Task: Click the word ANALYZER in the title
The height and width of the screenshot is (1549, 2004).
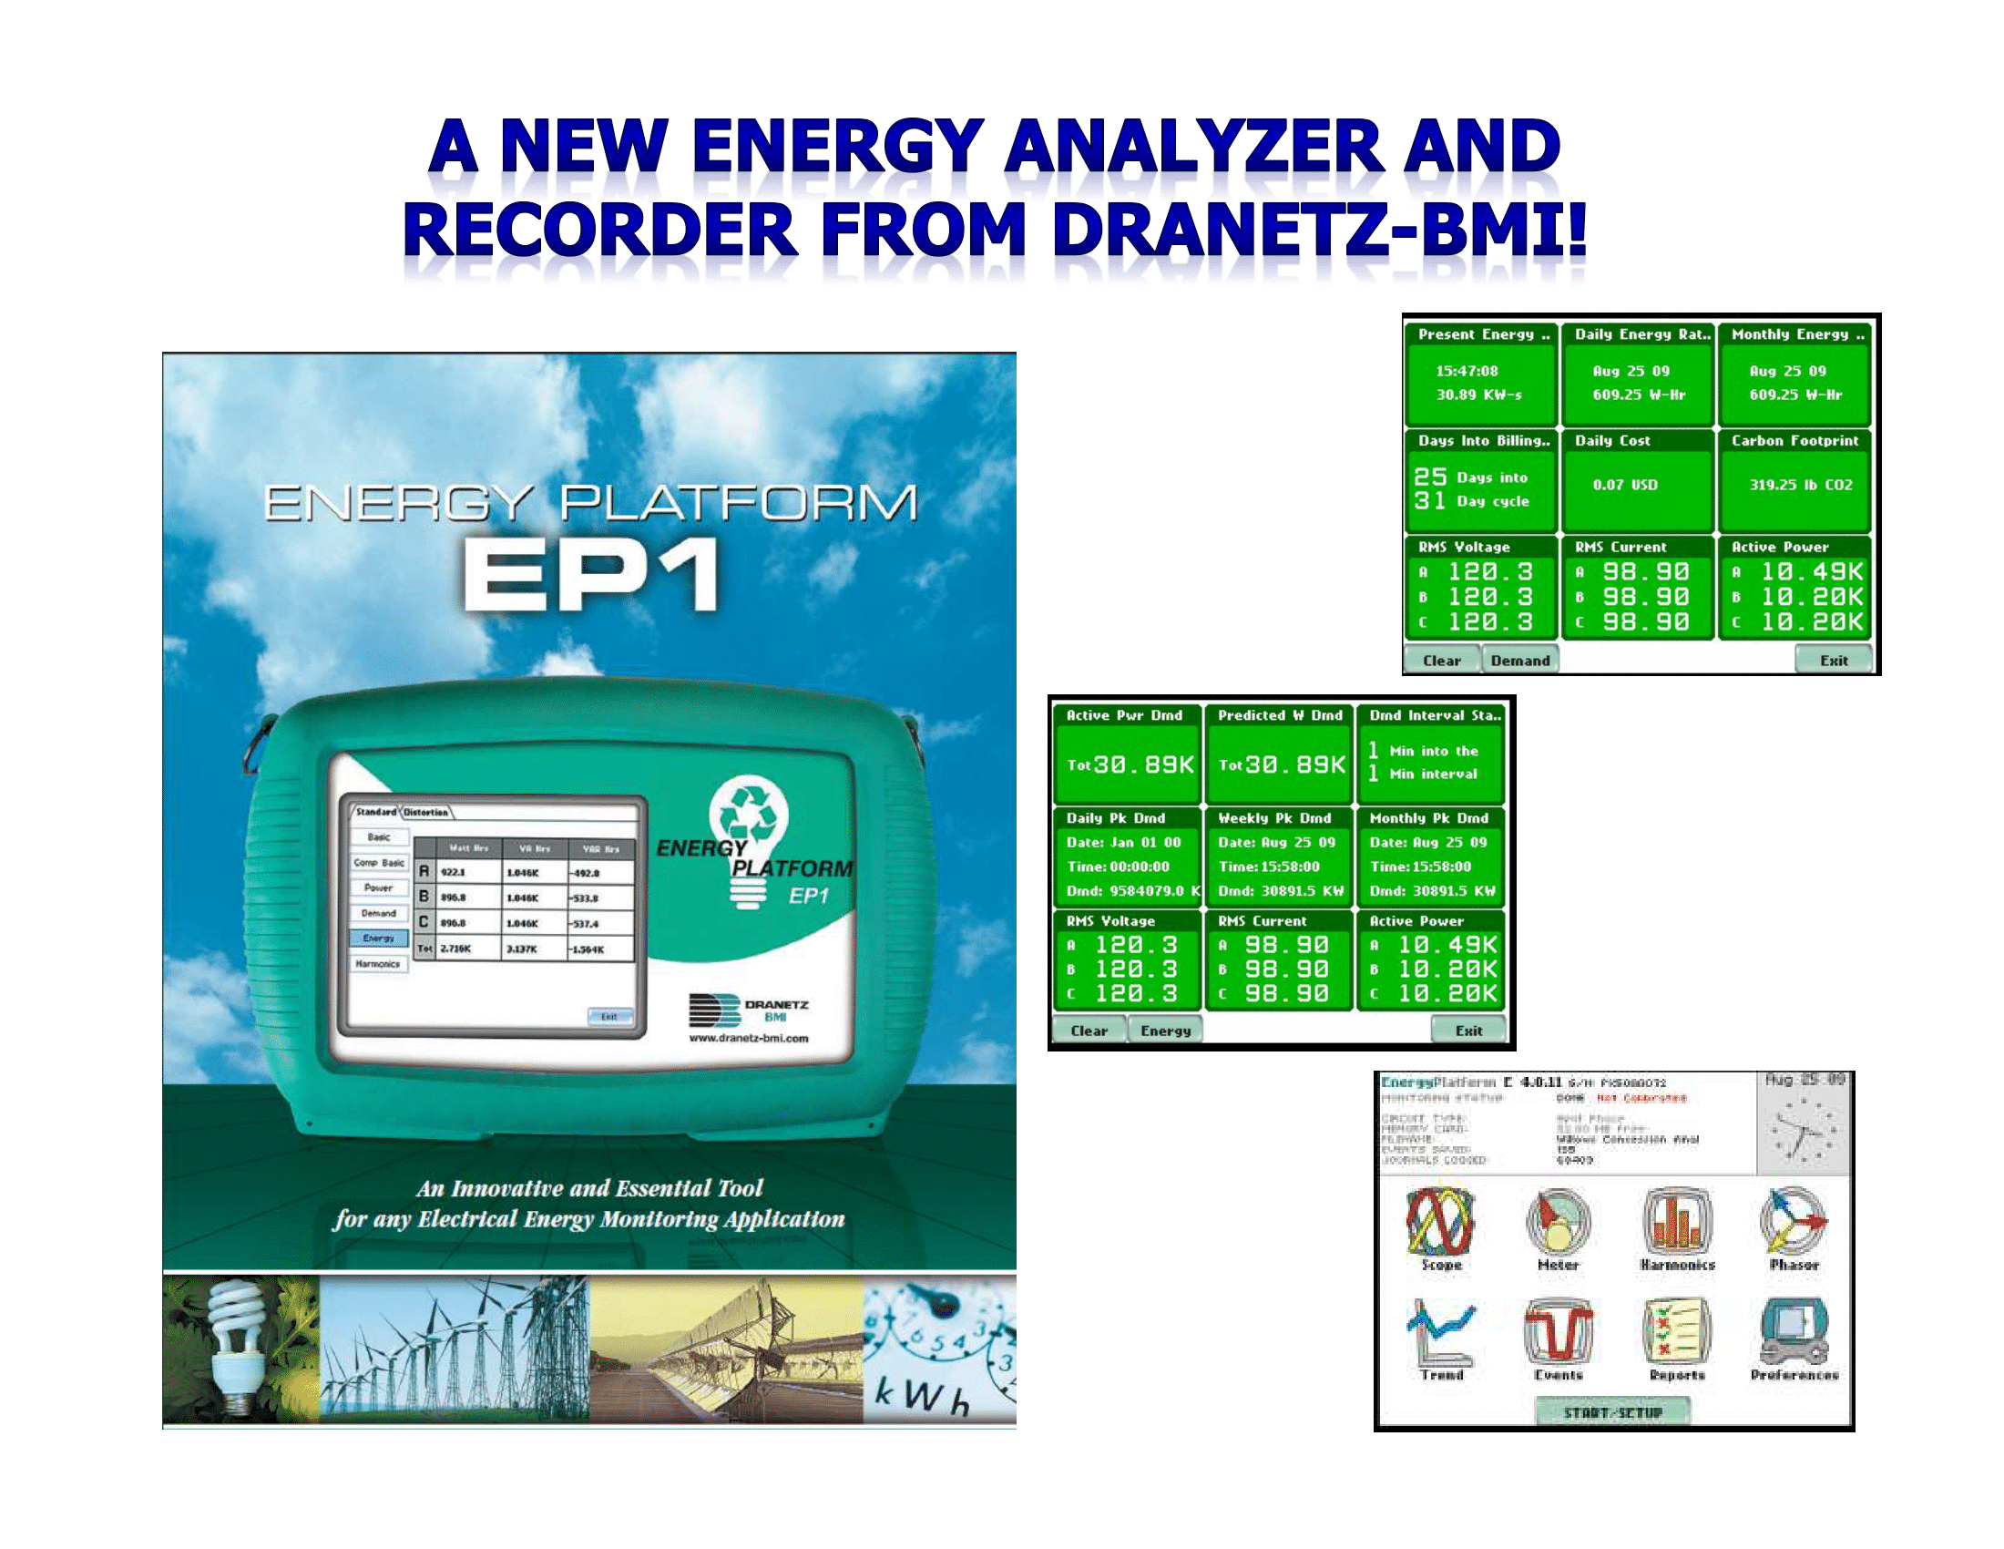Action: coord(1194,147)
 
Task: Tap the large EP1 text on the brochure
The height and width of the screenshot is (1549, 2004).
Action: coord(591,574)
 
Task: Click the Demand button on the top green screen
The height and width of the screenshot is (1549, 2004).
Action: coord(1519,660)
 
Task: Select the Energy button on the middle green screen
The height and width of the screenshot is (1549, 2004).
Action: coord(1164,1031)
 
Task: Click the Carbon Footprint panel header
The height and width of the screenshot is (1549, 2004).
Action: coord(1794,440)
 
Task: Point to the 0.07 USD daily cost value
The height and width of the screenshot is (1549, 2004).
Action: coord(1624,485)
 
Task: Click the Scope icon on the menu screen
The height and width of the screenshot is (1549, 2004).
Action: coord(1441,1221)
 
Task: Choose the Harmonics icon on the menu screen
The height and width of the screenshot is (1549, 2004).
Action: coord(1676,1221)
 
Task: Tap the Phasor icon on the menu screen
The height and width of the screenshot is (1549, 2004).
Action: coord(1794,1221)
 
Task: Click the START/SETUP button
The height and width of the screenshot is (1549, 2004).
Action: coord(1612,1412)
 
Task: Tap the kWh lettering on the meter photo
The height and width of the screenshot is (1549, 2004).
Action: coord(920,1396)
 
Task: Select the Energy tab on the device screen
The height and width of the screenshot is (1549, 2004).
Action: coord(378,938)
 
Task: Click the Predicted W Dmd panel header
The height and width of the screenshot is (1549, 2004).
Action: coord(1279,715)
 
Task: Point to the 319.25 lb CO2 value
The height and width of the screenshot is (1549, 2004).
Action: coord(1800,485)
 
